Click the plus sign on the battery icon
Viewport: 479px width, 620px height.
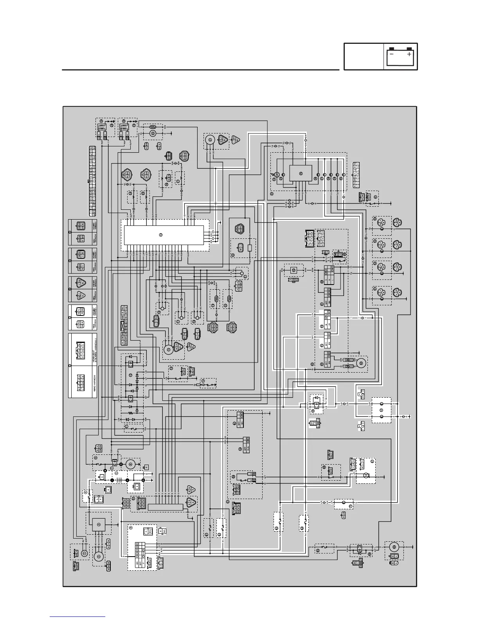(x=409, y=54)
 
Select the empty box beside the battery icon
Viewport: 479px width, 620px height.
(x=364, y=57)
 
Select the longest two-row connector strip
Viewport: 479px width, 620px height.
(x=92, y=181)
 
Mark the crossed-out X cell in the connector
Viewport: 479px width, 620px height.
(x=123, y=326)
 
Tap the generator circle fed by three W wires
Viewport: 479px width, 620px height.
(x=99, y=557)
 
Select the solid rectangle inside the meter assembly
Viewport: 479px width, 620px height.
(x=301, y=173)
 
